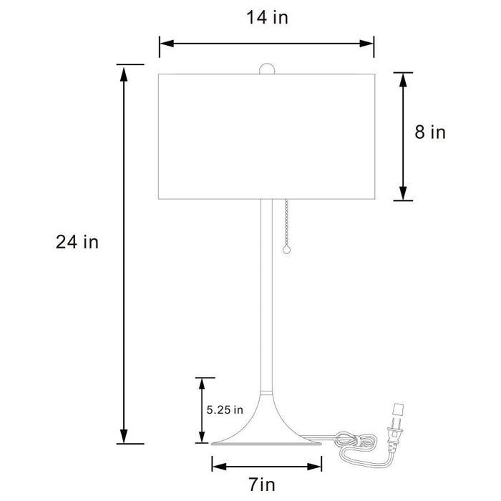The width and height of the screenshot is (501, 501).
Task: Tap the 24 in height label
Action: pyautogui.click(x=77, y=242)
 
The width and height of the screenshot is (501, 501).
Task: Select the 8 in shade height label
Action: pyautogui.click(x=429, y=132)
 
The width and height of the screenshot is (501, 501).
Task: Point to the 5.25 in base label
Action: pyautogui.click(x=225, y=410)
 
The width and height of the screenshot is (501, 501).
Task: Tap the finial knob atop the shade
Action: pyautogui.click(x=266, y=69)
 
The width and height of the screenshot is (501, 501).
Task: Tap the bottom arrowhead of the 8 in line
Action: pyautogui.click(x=404, y=193)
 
